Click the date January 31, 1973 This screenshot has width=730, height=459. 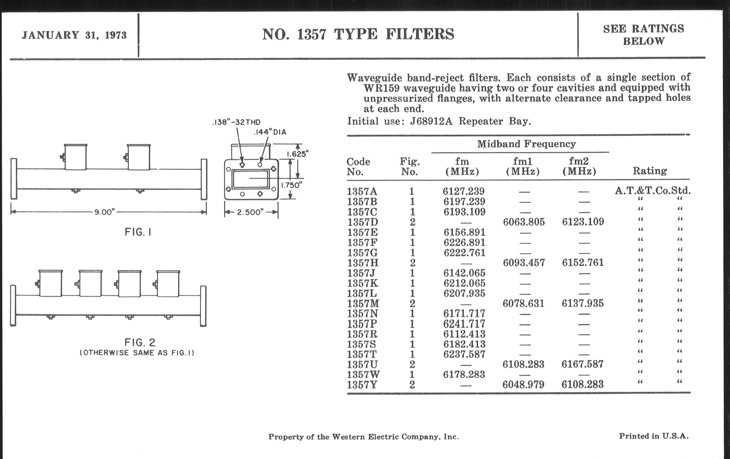click(x=74, y=35)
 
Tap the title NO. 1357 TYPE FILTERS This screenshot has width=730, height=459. click(x=358, y=34)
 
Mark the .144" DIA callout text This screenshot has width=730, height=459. click(x=270, y=132)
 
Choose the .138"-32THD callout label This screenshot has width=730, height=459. click(x=236, y=122)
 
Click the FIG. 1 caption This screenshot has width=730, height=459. click(x=138, y=232)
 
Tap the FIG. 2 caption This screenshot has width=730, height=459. click(x=140, y=343)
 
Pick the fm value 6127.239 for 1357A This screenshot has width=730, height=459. click(x=463, y=191)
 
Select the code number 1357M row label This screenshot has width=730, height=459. click(x=363, y=303)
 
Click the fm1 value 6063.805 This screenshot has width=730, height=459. click(x=523, y=222)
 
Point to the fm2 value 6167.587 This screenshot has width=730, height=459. click(x=582, y=364)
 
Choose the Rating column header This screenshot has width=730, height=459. click(x=650, y=171)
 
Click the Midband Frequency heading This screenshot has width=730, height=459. click(x=526, y=144)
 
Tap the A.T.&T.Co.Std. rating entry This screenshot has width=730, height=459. click(x=653, y=190)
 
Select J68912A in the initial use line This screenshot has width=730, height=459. click(x=431, y=121)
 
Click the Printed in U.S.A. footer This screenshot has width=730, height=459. click(x=653, y=436)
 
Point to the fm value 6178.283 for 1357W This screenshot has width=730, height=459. click(x=464, y=374)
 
